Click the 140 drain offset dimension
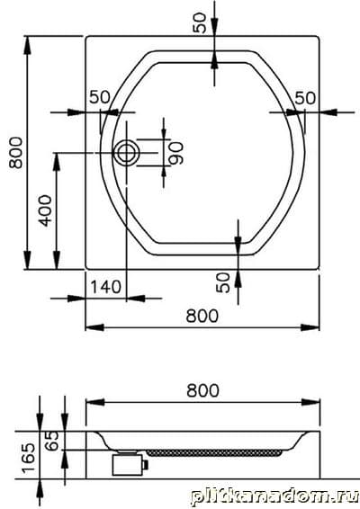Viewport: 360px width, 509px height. (105, 287)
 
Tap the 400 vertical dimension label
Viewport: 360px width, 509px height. (45, 210)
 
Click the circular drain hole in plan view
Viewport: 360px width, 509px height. (126, 153)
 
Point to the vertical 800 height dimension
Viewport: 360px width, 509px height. (15, 153)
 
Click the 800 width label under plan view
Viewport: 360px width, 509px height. (202, 316)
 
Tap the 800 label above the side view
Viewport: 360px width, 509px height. (202, 390)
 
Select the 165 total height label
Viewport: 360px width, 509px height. (28, 458)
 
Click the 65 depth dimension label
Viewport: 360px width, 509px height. (52, 441)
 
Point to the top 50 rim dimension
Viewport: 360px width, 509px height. (200, 22)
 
